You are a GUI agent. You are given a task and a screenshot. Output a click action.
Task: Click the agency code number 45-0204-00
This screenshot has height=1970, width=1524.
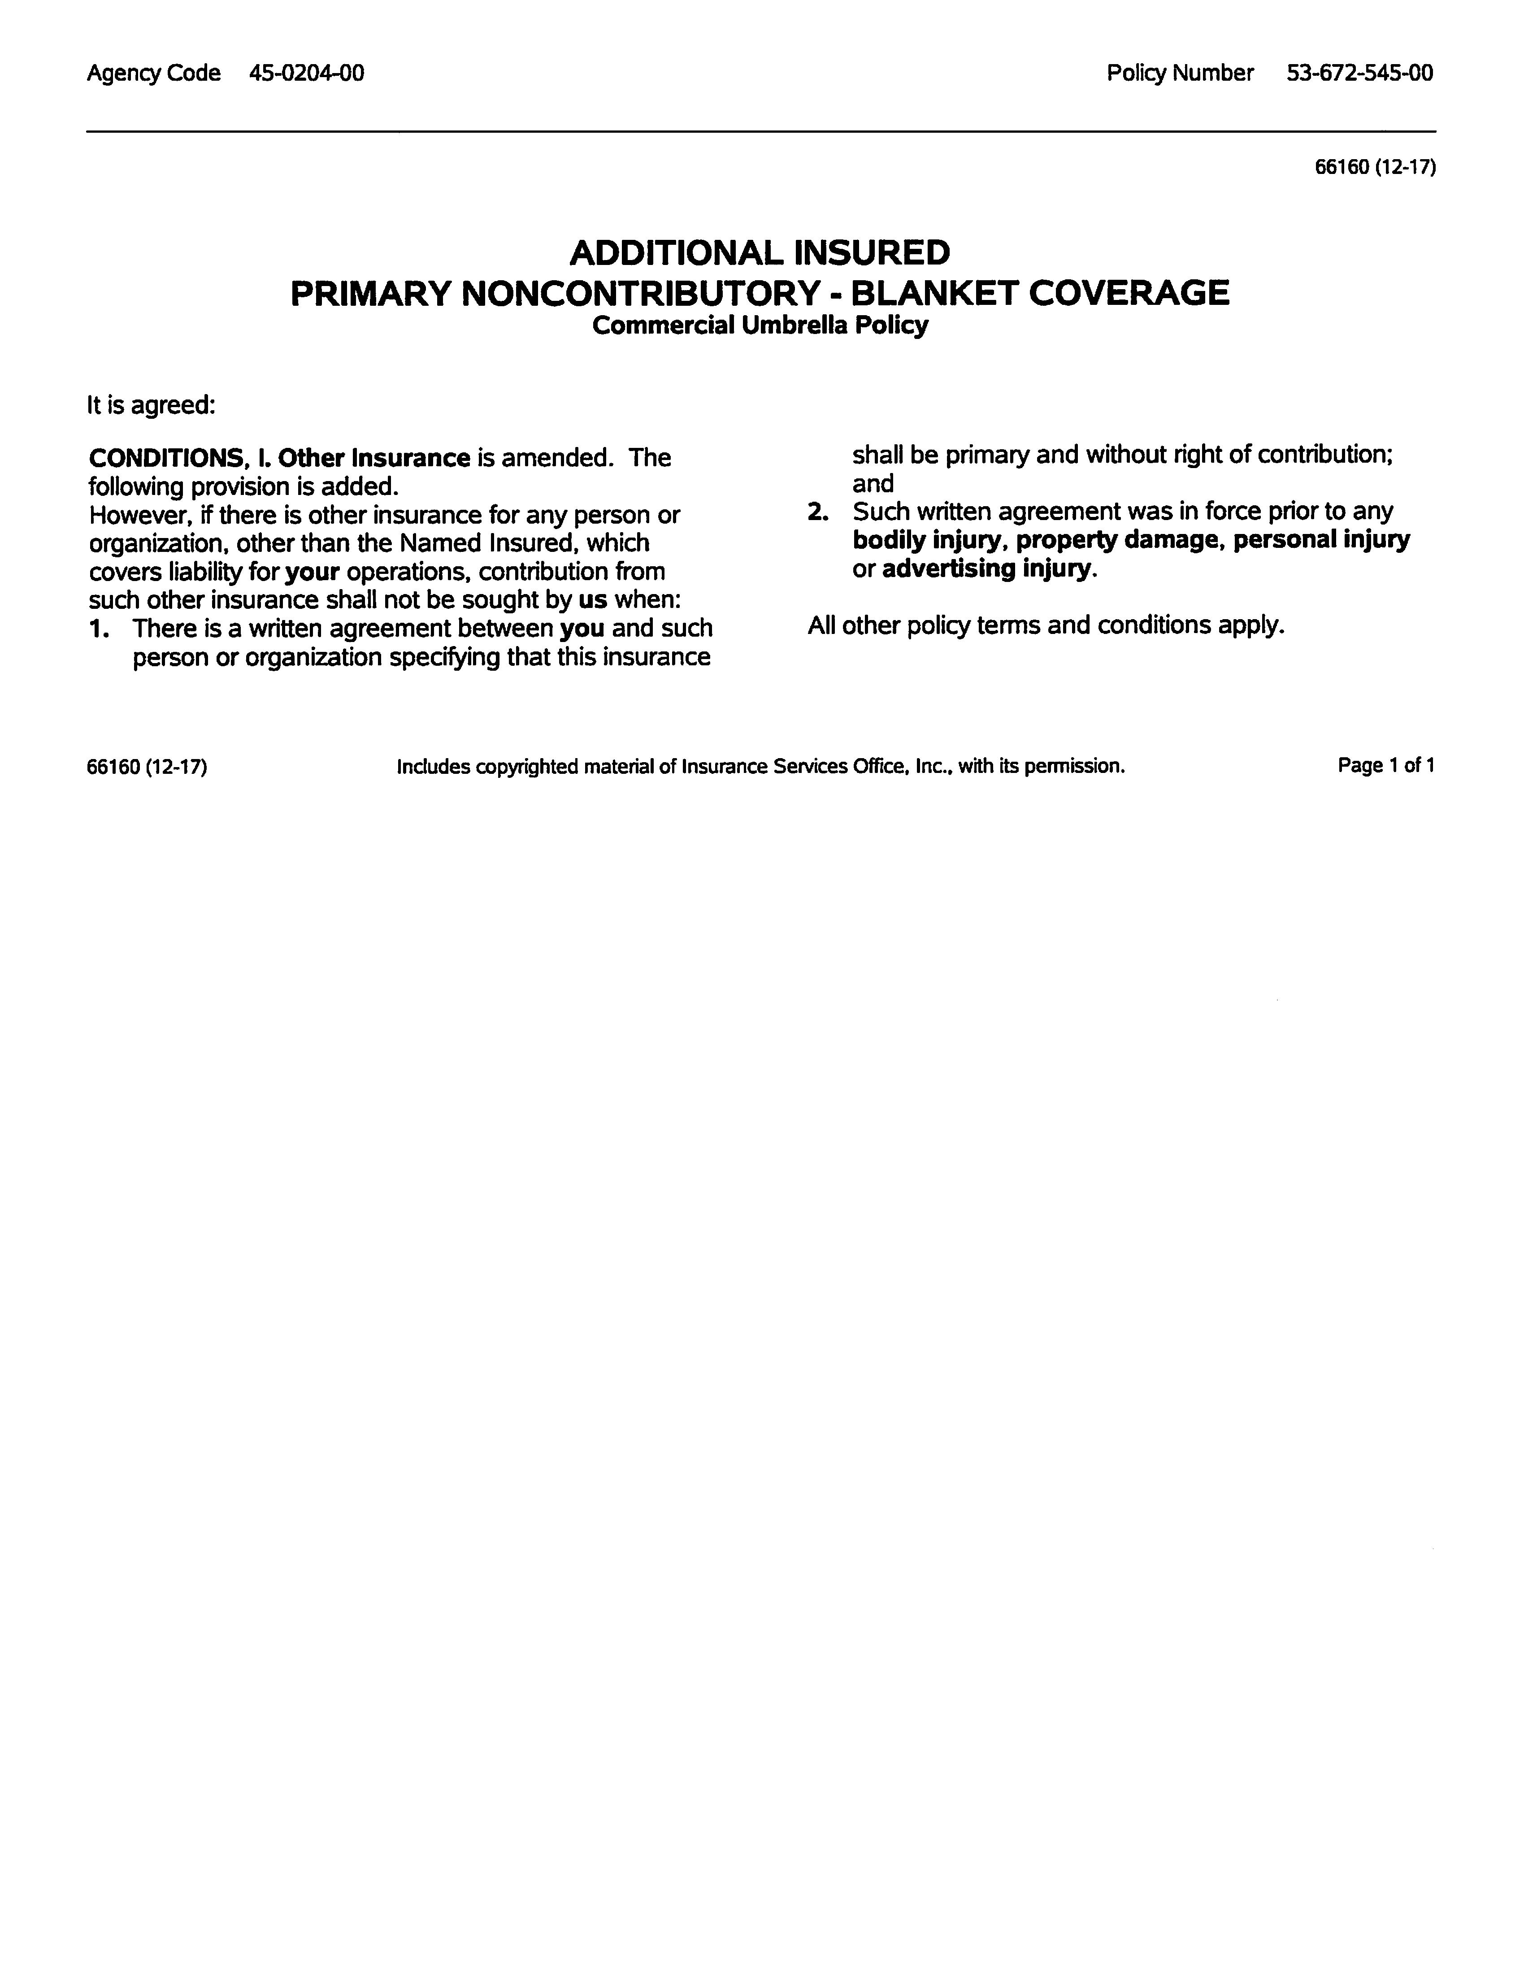click(307, 73)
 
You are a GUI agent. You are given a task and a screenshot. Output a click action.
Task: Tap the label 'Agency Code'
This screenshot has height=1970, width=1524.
click(153, 73)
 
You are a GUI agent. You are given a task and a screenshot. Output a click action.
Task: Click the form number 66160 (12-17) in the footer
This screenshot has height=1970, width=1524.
click(147, 768)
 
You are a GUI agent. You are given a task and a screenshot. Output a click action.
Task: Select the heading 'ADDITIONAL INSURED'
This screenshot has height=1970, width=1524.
click(760, 252)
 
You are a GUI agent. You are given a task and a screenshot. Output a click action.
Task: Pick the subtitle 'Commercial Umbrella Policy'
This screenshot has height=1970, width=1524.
click(760, 325)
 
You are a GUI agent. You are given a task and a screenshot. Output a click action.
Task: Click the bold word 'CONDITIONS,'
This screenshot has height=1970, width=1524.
click(167, 458)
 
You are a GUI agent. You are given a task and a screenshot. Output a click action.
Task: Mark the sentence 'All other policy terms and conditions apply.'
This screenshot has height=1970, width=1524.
click(1046, 625)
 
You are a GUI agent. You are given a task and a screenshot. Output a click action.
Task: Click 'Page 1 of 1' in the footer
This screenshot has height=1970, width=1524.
click(1386, 766)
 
